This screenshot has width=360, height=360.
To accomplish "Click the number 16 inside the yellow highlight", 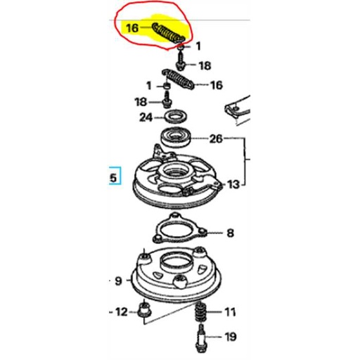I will click(x=131, y=28).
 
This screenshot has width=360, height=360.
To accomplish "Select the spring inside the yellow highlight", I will click(x=167, y=32).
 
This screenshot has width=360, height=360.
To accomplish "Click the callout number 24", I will click(x=145, y=117).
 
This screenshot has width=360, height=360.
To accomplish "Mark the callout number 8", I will click(x=231, y=233).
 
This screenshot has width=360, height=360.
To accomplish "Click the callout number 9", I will click(x=118, y=281).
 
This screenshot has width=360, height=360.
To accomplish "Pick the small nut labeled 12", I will click(x=145, y=310).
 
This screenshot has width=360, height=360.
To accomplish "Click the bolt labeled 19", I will click(x=201, y=342).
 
